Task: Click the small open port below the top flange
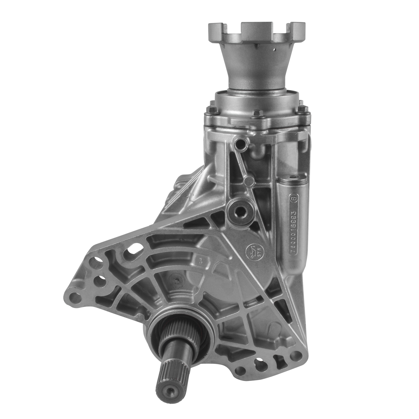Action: (x=240, y=144)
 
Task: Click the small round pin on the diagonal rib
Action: (x=247, y=181)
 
